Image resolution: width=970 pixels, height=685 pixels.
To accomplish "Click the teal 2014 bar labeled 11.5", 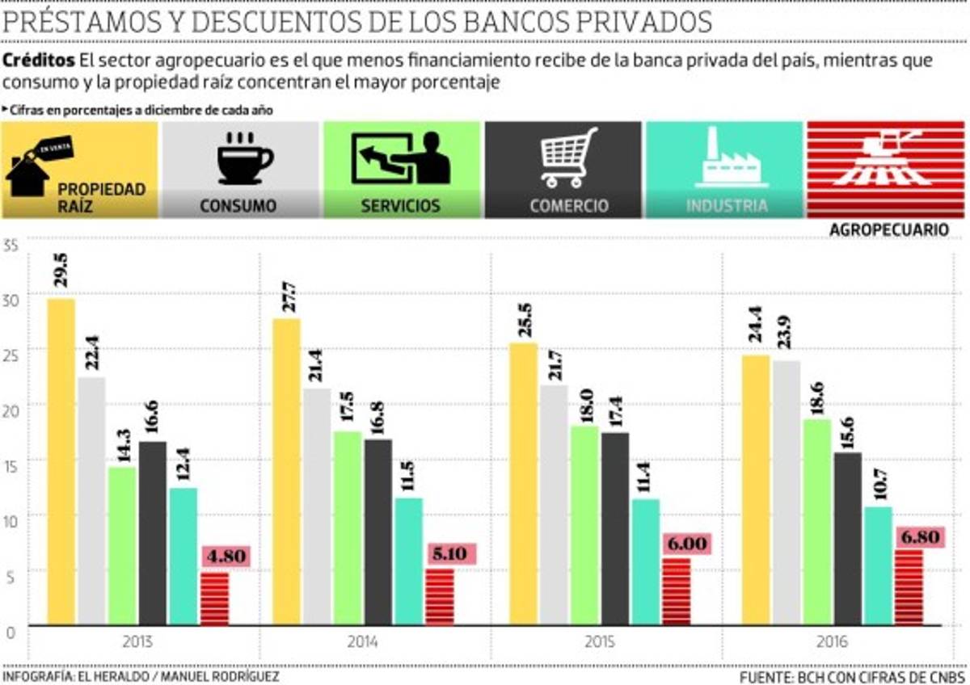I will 408,561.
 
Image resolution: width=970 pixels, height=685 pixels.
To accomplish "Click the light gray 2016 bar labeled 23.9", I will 787,493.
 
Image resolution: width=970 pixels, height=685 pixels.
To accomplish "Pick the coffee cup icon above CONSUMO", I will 245,159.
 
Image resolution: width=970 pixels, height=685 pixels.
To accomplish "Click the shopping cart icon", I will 568,157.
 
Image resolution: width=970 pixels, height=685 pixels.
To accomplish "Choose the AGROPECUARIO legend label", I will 888,230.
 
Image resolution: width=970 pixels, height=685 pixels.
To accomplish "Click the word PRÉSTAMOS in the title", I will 89,22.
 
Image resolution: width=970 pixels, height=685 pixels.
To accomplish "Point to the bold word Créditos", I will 40,61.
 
